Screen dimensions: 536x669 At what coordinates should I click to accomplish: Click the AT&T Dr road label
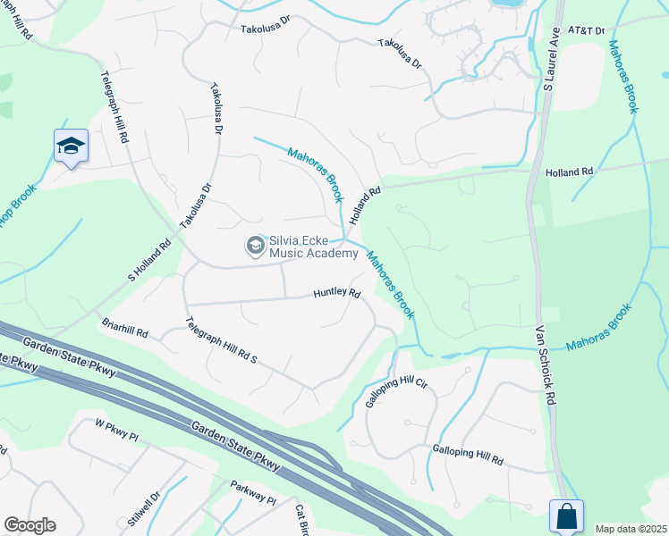click(x=588, y=30)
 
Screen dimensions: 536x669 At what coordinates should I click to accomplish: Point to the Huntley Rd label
click(x=336, y=293)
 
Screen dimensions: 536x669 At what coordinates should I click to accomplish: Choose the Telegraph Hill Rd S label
click(x=221, y=341)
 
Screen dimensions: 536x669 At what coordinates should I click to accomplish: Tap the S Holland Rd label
click(x=153, y=256)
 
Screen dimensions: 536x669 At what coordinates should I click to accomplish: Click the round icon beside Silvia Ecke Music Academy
click(x=255, y=245)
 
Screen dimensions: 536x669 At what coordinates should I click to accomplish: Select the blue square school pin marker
click(x=71, y=147)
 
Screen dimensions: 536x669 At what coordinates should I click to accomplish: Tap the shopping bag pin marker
click(x=566, y=516)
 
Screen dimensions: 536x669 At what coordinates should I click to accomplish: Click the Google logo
click(x=30, y=525)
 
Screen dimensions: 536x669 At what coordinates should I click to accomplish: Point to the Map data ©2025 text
click(x=631, y=529)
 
